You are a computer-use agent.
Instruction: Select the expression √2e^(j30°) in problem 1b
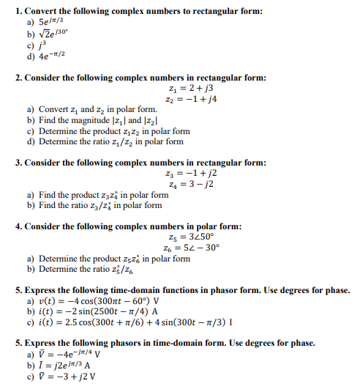point(53,34)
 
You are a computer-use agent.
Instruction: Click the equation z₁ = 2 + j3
point(187,88)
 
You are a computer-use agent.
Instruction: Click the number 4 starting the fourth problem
point(18,226)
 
